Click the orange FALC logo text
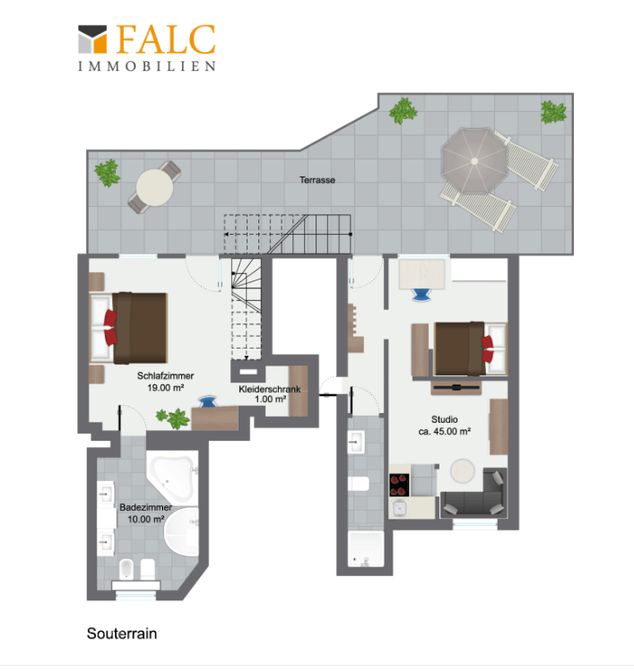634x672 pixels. pos(166,39)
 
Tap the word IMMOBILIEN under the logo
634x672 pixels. pos(147,66)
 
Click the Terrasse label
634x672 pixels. pos(317,180)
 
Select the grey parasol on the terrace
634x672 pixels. pos(474,160)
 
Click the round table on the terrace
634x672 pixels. pos(154,187)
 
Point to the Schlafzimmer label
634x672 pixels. pos(165,375)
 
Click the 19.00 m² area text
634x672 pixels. pos(166,388)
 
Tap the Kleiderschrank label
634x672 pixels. pos(270,389)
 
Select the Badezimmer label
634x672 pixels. pos(145,507)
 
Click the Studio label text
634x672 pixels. pos(445,419)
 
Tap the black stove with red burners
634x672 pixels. pos(399,485)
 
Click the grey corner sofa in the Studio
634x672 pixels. pos(475,494)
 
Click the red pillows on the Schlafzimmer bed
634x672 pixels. pos(110,327)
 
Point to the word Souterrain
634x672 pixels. pos(122,633)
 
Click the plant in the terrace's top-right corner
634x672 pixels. pos(553,112)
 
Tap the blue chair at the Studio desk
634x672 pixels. pos(421,295)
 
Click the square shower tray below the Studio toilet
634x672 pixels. pos(366,549)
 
